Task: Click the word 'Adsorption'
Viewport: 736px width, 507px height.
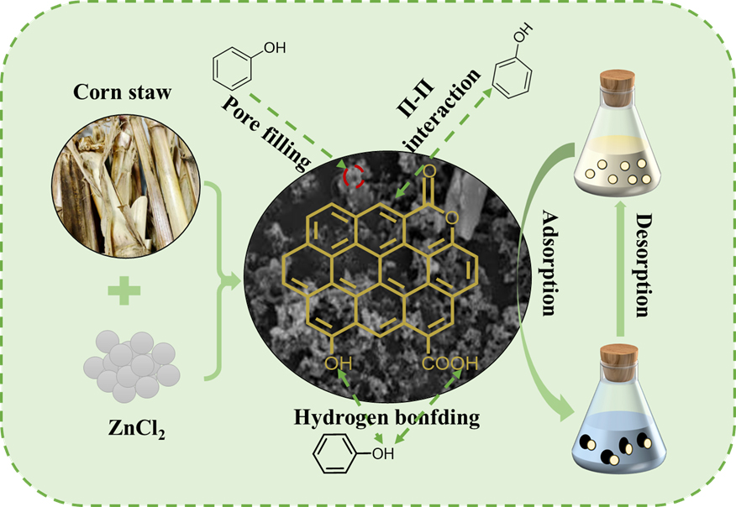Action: pyautogui.click(x=549, y=261)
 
